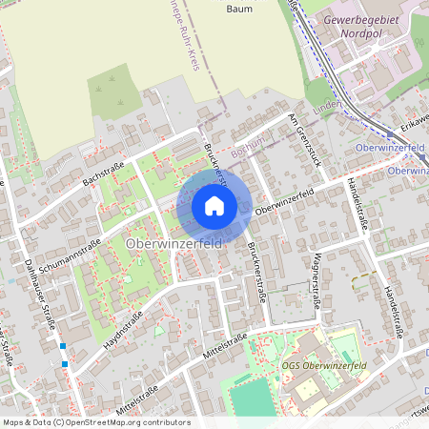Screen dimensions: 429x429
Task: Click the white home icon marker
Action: coord(214,206)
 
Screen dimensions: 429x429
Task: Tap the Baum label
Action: coord(239,8)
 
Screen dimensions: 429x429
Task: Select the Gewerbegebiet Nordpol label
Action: coord(365,26)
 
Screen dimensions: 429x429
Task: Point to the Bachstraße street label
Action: coord(104,171)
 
